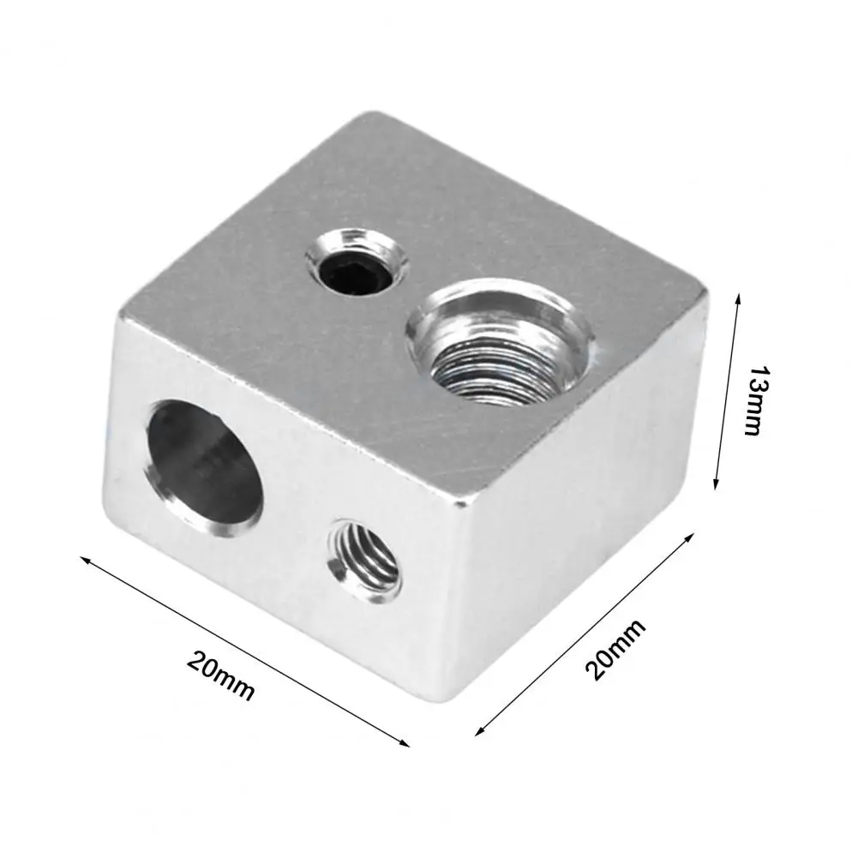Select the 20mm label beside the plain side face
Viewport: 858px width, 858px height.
coord(615,650)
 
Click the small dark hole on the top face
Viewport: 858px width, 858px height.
coord(357,266)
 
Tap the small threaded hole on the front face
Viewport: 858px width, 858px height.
coord(364,561)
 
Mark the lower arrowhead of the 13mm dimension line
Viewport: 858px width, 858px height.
coord(716,483)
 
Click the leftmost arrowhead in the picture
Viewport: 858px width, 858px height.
coord(86,560)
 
